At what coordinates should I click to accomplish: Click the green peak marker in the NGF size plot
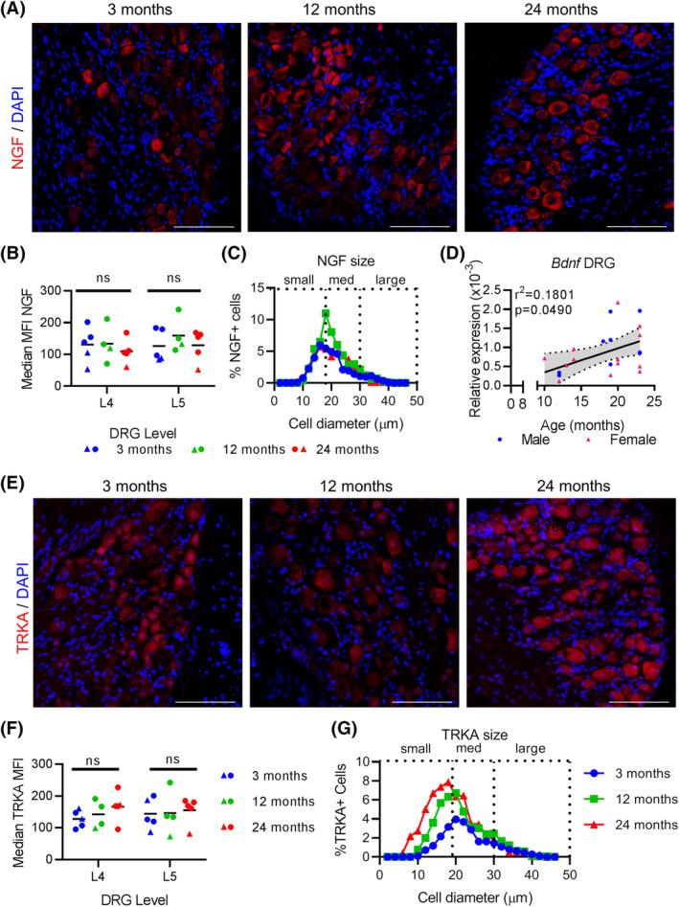326,314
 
